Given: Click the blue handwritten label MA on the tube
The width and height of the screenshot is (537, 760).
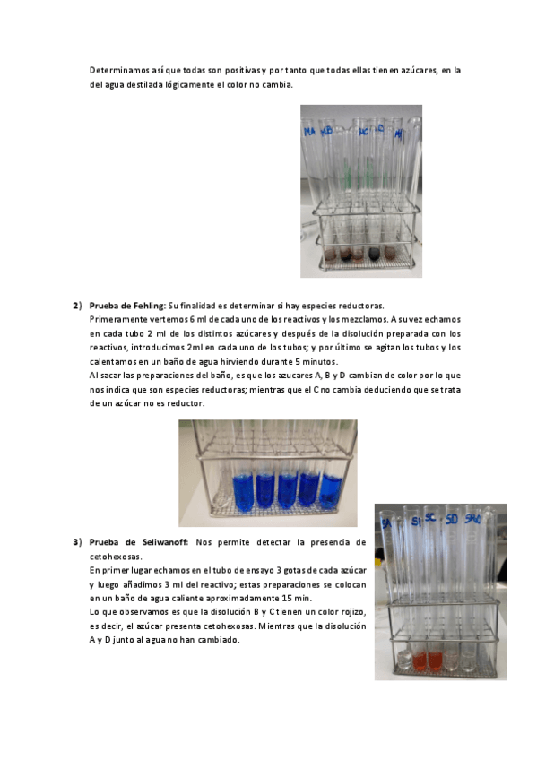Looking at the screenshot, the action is click(309, 131).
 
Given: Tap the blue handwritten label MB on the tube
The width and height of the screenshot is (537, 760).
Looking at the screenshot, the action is click(326, 130).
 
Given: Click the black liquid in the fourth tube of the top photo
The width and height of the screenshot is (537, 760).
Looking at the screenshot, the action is click(375, 253).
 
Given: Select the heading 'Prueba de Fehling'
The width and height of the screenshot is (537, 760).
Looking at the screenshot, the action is click(127, 306).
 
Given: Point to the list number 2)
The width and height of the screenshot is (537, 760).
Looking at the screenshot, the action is click(77, 306).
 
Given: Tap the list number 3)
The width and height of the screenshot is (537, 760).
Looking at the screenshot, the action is click(77, 542).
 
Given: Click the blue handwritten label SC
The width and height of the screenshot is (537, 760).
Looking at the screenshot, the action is click(430, 518).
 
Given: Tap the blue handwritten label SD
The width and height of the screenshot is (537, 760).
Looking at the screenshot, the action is click(451, 520).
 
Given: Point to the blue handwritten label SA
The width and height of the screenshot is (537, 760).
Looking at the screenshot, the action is click(386, 523).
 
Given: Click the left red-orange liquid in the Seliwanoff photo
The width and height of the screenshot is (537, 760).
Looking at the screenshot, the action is click(420, 661).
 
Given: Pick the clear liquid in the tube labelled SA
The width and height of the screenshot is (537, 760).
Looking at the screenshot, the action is click(403, 661).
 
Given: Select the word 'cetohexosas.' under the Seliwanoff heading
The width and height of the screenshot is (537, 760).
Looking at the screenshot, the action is click(116, 557).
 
